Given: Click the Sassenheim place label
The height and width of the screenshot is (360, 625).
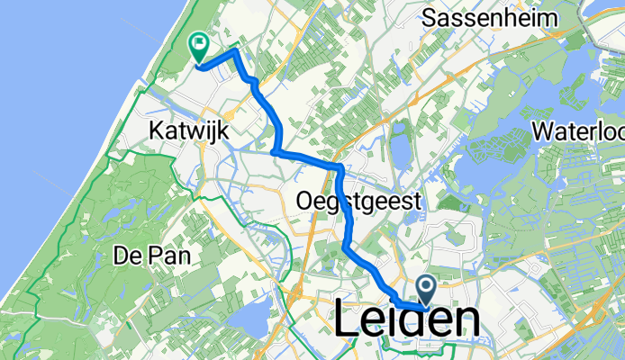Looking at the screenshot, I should [491, 17].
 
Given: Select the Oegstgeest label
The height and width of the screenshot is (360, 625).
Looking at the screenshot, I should [358, 203].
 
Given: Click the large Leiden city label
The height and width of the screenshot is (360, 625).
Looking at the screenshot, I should [407, 319].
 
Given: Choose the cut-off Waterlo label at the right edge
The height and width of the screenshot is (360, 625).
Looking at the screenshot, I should [576, 132].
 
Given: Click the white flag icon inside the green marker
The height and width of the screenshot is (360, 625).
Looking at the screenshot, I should [197, 42].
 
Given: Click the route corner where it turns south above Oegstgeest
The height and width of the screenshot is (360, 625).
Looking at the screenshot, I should [340, 168].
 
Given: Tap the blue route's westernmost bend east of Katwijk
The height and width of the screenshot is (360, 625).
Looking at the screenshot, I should [273, 152].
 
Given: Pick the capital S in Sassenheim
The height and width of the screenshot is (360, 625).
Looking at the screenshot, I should [430, 17].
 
